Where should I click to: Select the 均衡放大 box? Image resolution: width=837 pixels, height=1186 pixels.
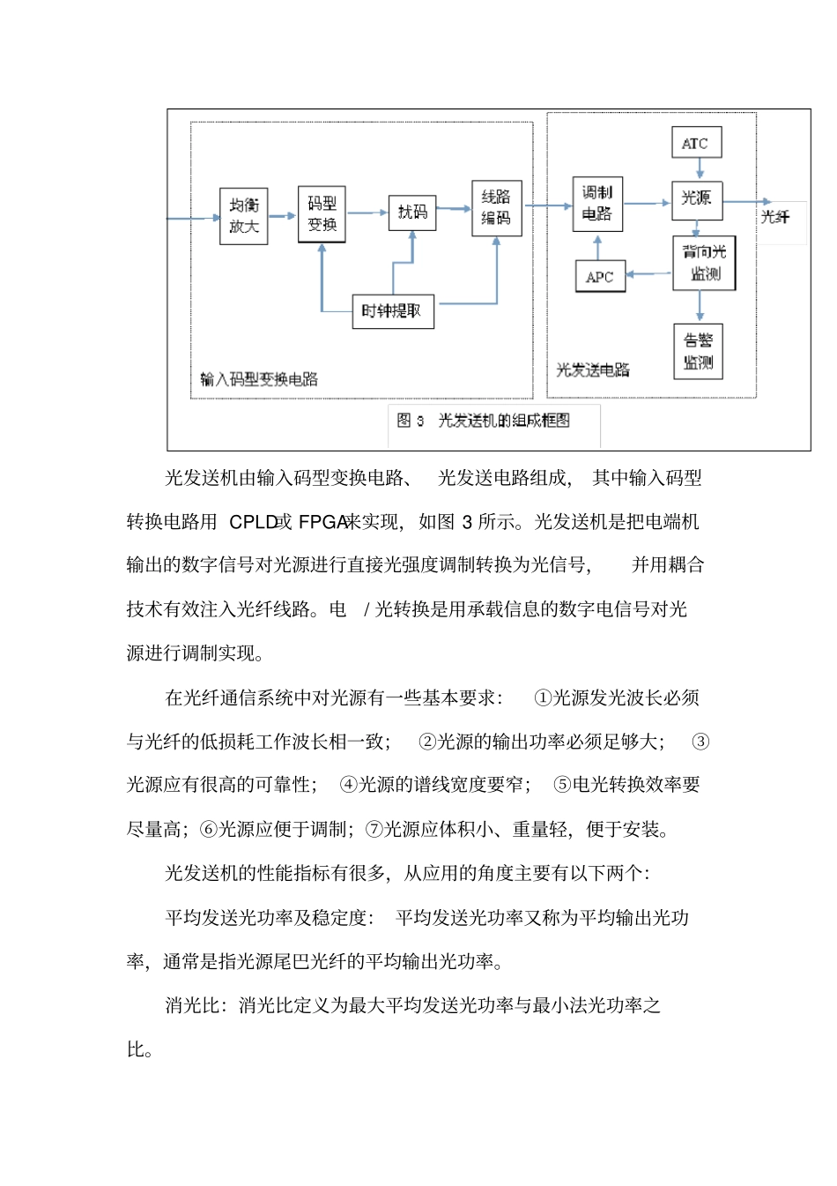click(x=243, y=216)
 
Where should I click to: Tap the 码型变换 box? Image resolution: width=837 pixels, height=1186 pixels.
click(x=322, y=214)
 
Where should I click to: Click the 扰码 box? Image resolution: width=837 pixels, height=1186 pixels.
click(x=412, y=213)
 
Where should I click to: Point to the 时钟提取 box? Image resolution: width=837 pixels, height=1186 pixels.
click(x=392, y=311)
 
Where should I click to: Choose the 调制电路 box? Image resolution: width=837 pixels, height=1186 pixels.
click(x=597, y=205)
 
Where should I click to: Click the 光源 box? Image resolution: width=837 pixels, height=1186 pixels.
click(x=698, y=199)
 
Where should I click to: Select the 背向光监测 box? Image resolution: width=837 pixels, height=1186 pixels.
click(x=704, y=263)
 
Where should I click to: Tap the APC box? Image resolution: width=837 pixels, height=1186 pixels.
click(x=600, y=277)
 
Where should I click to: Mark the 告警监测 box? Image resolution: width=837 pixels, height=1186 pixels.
click(x=699, y=352)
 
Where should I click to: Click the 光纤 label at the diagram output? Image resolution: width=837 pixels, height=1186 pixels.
click(x=775, y=217)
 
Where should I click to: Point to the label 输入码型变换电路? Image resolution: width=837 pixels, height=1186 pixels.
click(x=259, y=379)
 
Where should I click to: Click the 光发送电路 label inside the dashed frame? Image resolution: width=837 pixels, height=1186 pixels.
click(x=593, y=370)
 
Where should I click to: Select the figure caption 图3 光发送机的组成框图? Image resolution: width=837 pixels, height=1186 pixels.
click(x=484, y=421)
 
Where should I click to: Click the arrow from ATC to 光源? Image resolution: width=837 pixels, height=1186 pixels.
click(x=700, y=169)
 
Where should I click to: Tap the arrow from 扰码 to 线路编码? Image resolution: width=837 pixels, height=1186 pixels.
click(x=453, y=209)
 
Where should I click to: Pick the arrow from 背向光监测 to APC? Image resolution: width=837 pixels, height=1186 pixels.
click(x=648, y=273)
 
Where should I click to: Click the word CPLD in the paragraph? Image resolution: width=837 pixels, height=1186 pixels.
click(x=253, y=522)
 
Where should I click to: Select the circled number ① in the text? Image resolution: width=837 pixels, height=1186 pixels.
click(x=543, y=697)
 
